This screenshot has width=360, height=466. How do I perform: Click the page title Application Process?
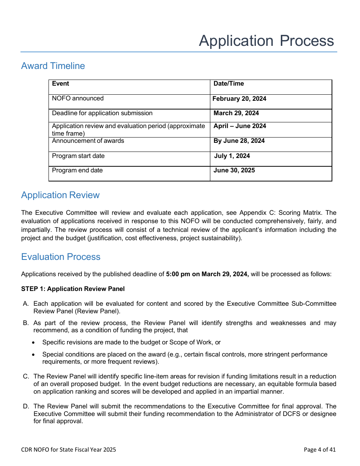point(266,41)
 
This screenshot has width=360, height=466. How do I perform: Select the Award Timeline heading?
point(53,66)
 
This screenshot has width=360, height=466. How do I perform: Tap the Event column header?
point(61,84)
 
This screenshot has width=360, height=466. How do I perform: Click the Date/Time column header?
point(229,84)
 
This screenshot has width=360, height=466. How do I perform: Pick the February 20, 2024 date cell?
point(239,99)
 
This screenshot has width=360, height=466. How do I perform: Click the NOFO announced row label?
point(78,99)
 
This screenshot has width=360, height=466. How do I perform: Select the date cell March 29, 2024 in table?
point(236,113)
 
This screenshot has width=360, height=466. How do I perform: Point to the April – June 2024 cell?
point(239,126)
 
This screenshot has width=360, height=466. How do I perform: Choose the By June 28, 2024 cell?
point(239,141)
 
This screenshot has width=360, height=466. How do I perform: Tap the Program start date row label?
point(78,156)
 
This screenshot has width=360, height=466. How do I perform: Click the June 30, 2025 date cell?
point(234,170)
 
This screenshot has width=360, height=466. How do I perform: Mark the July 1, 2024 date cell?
point(232,156)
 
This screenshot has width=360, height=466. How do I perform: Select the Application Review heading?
point(60,195)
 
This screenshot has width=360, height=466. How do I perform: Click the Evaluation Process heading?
point(61,257)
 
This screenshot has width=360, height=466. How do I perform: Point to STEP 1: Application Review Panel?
point(73,289)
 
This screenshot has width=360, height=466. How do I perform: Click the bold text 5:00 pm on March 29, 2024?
point(207,274)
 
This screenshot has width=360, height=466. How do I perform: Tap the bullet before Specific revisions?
point(34,342)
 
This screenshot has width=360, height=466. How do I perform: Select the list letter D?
point(26,407)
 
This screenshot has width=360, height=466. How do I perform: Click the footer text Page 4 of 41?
point(319,450)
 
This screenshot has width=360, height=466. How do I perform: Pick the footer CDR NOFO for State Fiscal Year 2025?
point(69,450)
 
